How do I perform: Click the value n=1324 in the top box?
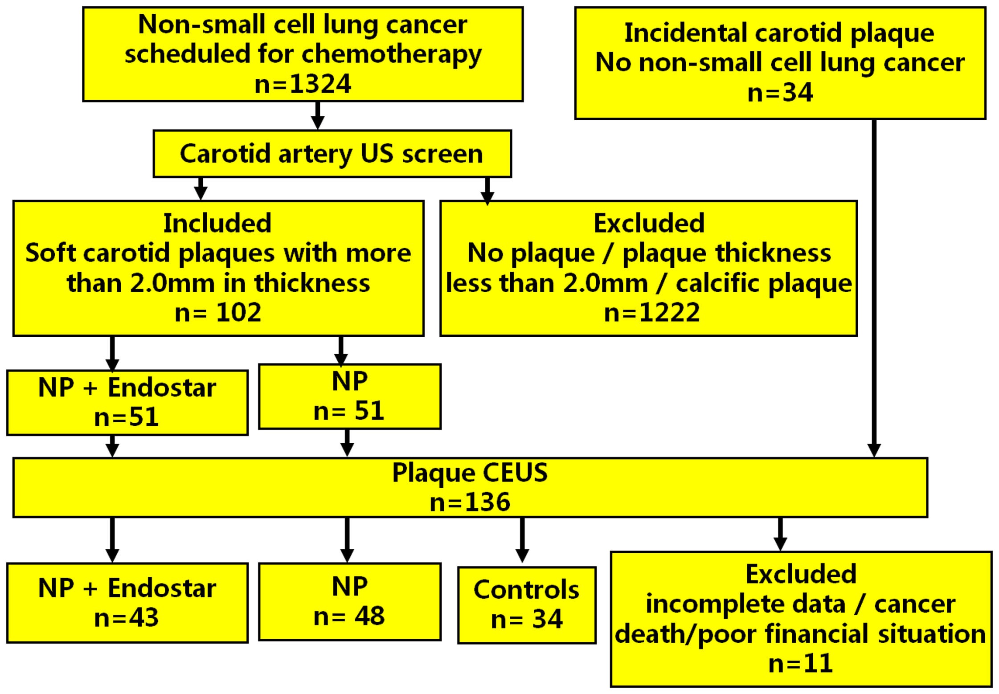303,84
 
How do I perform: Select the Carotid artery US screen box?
332,154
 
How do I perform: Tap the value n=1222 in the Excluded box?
651,312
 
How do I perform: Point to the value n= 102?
218,312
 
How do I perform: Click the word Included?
217,223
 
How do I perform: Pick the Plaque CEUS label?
470,473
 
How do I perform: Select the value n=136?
470,502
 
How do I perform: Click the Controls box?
527,605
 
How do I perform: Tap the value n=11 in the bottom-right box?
801,663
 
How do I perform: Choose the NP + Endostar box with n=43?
127,603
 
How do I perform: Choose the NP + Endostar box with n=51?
127,402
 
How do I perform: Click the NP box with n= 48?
349,601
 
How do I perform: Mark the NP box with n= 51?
349,396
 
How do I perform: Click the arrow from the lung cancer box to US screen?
317,115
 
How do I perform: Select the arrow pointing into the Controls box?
522,540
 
